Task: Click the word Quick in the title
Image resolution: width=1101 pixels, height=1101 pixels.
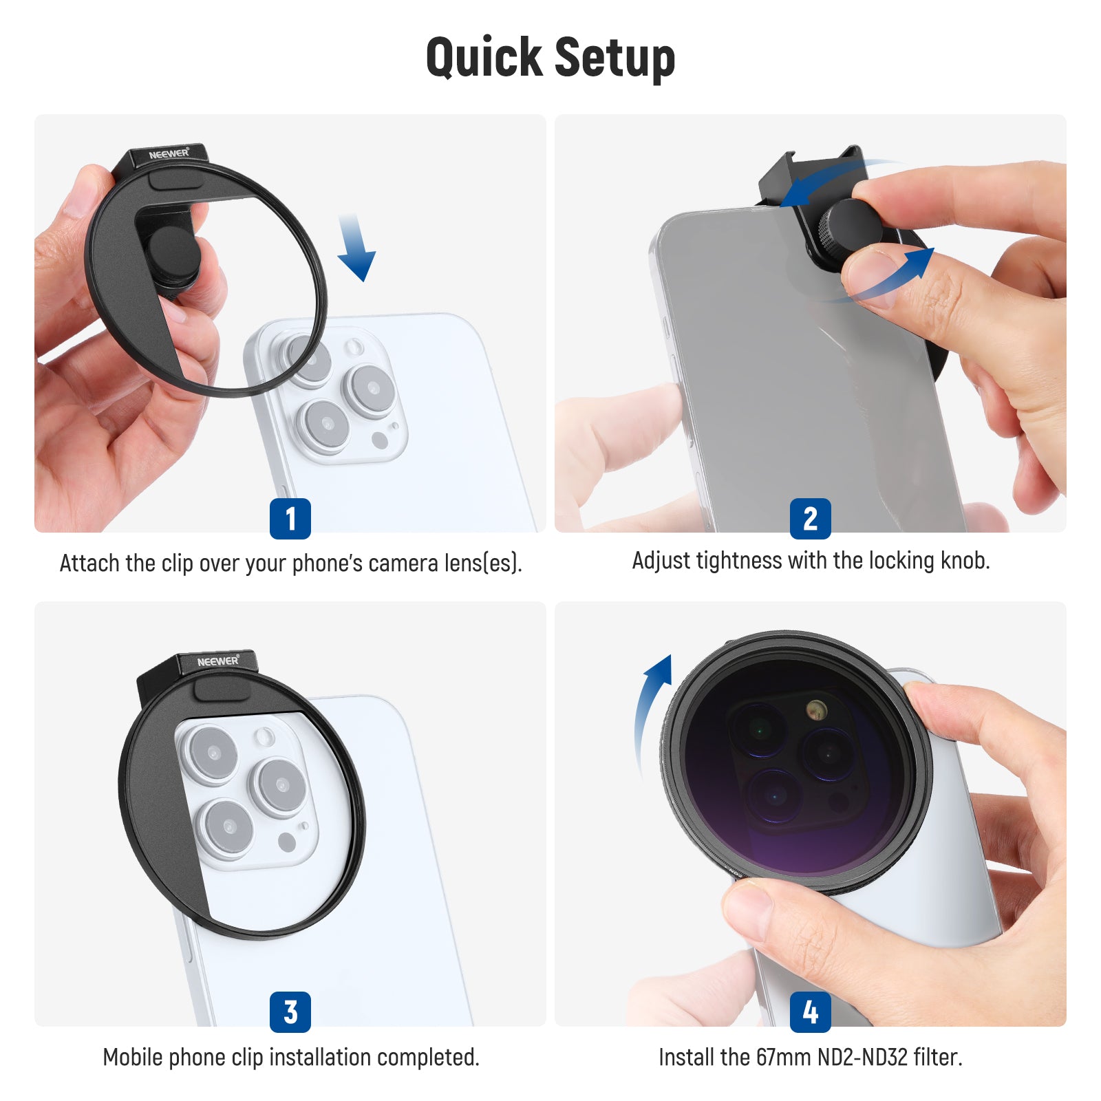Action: [484, 58]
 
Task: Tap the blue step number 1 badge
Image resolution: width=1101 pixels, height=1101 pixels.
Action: [290, 518]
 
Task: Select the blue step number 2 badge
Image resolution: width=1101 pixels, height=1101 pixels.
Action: [811, 518]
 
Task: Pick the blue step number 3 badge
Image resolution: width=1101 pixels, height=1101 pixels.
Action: [290, 1012]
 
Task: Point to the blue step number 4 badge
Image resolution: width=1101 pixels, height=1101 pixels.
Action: [811, 1012]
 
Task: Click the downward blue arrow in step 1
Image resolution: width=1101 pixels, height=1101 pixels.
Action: [356, 248]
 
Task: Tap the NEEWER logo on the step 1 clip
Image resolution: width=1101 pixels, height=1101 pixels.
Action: [169, 153]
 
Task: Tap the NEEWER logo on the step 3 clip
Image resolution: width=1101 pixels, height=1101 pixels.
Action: [218, 661]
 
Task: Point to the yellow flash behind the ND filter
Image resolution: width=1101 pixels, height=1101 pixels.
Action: [816, 709]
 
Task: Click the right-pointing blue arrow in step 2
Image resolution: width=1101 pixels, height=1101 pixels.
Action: [888, 279]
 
